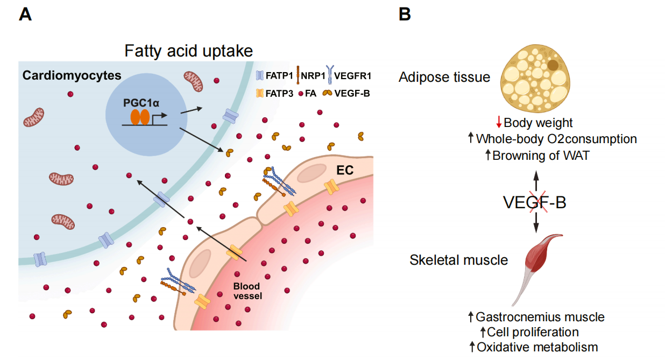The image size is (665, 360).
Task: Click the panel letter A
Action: [25, 14]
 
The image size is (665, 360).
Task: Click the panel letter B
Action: [405, 14]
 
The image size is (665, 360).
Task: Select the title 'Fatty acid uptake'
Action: [188, 51]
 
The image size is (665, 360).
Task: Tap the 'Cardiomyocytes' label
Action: [72, 75]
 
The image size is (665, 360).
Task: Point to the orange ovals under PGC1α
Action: [140, 117]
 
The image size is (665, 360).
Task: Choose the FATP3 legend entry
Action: [274, 93]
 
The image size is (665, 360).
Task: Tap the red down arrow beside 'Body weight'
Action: [499, 123]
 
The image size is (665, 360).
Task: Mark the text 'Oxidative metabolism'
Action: [536, 347]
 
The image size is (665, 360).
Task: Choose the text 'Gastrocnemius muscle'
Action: [540, 317]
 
